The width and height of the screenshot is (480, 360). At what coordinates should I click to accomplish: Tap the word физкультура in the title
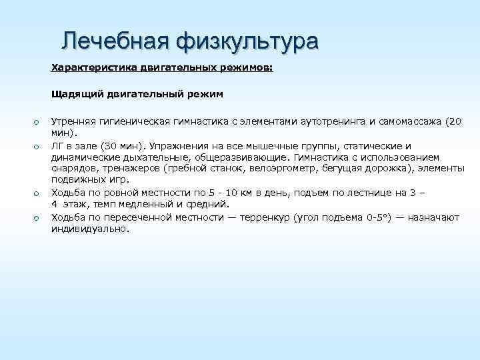coord(248,41)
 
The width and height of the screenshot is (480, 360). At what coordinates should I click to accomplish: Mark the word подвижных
coord(76,180)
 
